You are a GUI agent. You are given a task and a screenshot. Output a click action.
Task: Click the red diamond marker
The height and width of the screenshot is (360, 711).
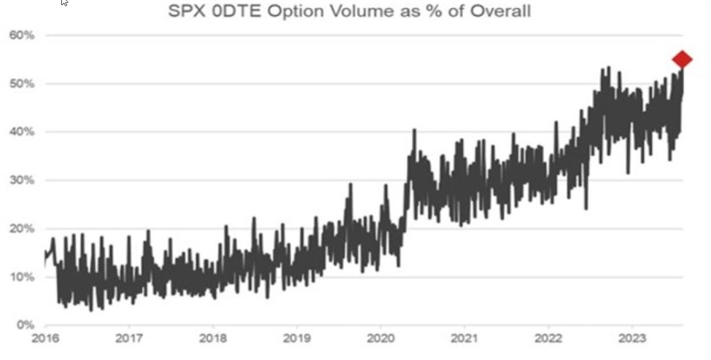click(682, 60)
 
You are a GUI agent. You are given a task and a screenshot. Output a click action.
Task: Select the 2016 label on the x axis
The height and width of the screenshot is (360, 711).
click(44, 338)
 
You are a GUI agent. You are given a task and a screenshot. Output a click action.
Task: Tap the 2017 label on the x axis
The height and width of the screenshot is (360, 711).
click(128, 338)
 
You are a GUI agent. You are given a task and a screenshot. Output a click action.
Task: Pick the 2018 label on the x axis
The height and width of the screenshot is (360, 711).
click(212, 338)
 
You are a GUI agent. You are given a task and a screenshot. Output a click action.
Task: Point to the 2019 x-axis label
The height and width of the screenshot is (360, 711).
click(296, 338)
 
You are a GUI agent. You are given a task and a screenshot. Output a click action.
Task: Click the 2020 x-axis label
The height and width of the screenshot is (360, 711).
click(380, 338)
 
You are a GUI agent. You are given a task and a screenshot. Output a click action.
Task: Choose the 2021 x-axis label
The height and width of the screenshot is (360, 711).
click(464, 338)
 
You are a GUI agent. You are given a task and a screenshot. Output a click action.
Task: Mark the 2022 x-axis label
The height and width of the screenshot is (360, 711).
click(548, 338)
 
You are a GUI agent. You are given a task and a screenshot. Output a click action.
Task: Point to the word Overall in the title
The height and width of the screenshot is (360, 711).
click(496, 12)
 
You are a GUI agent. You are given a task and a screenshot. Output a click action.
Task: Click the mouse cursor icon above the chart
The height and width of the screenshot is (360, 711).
click(64, 3)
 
